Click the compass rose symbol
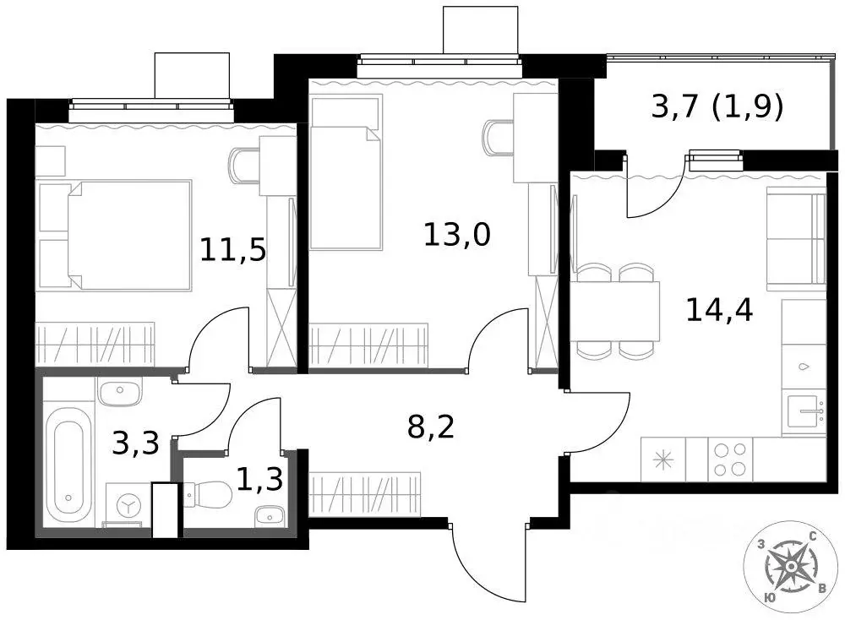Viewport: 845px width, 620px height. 793,566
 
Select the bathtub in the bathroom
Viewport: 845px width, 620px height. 67,466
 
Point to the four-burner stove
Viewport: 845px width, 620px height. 730,460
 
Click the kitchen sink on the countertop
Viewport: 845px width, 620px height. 804,414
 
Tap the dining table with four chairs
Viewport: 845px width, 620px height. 614,310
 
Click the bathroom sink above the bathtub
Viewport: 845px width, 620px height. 119,392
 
